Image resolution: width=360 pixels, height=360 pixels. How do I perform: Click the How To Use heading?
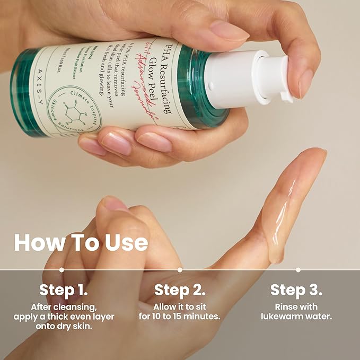81,242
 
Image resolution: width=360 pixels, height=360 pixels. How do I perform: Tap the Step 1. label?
63,290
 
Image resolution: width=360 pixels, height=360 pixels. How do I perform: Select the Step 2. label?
179,290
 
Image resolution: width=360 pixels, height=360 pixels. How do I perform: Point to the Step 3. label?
297,290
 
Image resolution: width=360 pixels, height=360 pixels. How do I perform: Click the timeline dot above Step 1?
62,269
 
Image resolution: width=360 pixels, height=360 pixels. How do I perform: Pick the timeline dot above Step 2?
180,269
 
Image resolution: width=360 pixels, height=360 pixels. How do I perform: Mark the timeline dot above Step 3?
298,269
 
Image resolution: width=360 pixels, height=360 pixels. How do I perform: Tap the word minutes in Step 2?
202,317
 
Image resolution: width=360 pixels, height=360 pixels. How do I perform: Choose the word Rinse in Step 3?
285,307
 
